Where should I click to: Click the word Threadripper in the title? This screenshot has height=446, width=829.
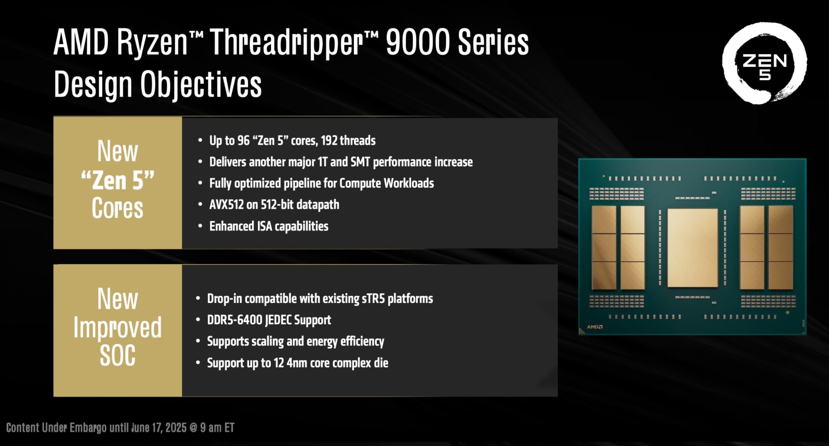[x=287, y=43]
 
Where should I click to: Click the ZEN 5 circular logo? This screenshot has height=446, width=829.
[x=764, y=63]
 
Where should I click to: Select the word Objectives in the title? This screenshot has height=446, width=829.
[x=201, y=85]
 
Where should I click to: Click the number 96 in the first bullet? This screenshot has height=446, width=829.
[x=243, y=141]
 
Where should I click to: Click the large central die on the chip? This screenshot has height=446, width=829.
[x=692, y=248]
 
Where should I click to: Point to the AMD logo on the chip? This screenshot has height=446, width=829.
[x=594, y=327]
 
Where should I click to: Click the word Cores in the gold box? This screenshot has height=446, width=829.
[x=118, y=208]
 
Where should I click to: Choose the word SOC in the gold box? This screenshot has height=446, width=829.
[x=118, y=355]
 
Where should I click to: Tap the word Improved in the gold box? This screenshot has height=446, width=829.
[x=118, y=327]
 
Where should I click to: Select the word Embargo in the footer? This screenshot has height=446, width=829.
[x=88, y=428]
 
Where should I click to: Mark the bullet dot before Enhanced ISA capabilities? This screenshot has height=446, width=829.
[x=200, y=226]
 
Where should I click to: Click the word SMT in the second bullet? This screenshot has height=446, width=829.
[x=360, y=162]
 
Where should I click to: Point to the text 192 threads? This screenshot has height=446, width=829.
[x=348, y=141]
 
